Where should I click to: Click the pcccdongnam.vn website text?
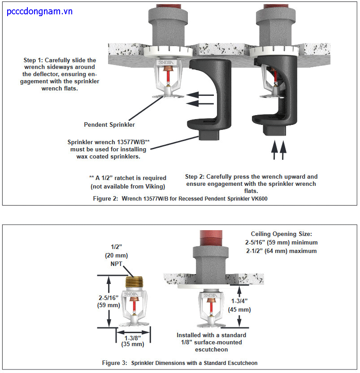pos(39,11)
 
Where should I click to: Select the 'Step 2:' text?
pos(196,177)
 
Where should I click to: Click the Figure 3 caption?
pos(179,363)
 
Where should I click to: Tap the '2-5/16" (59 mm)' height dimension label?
pos(108,300)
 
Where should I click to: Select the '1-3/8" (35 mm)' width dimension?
pos(133,341)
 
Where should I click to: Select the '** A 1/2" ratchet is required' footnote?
pos(128,178)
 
